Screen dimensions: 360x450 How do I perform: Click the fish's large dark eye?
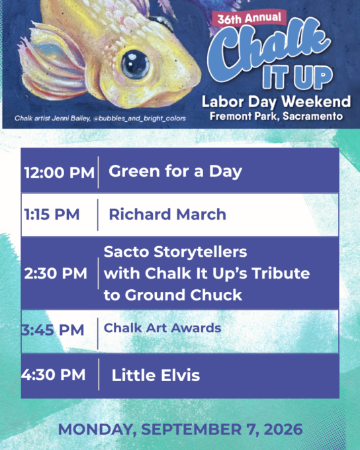[x=135, y=64]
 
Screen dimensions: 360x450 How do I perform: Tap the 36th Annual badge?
[x=249, y=19]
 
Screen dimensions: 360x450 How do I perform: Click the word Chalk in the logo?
[x=269, y=49]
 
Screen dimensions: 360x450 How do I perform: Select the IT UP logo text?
[x=297, y=77]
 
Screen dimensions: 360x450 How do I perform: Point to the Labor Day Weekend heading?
[x=276, y=102]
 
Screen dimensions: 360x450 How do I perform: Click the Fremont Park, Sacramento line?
[x=276, y=116]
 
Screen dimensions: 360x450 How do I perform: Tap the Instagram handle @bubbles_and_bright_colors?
[x=139, y=118]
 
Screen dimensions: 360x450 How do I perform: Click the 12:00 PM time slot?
[x=60, y=173]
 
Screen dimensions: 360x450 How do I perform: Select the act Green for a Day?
[x=175, y=171]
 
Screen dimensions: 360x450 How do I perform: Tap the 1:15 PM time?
[x=52, y=214]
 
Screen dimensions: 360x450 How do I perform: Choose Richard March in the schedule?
[x=167, y=214]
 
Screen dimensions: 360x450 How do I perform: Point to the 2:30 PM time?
[x=56, y=273]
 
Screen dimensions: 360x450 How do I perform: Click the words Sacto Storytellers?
[x=175, y=252]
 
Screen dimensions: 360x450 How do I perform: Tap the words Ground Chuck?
[x=183, y=295]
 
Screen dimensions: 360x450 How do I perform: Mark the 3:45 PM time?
[x=53, y=330]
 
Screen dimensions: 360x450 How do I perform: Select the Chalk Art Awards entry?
[x=163, y=328]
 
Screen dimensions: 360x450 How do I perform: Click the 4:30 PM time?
[x=54, y=375]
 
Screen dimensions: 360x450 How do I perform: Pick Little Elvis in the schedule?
[x=156, y=375]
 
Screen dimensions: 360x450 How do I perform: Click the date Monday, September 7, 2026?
[x=180, y=429]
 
